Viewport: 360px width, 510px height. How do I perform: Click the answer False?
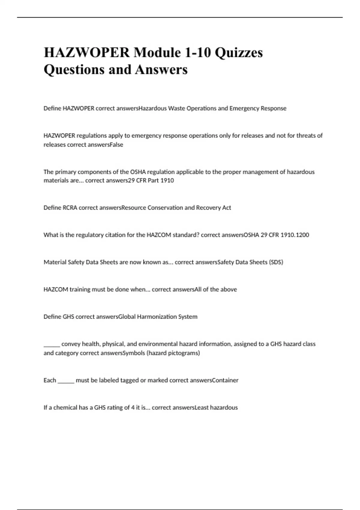[116, 145]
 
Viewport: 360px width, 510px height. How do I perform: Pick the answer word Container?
[225, 380]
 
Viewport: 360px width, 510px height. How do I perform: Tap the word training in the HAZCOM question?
[80, 289]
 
